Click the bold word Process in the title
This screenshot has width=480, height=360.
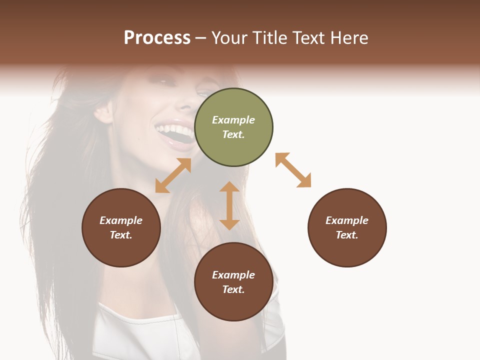tap(157, 38)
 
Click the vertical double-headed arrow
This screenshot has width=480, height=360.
tap(229, 205)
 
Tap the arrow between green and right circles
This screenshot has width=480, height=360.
tap(293, 170)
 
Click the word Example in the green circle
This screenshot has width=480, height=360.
tap(233, 120)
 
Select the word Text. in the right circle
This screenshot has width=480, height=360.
tap(347, 235)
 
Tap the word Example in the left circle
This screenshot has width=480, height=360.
tap(121, 220)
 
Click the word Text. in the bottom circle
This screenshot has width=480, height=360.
tap(233, 289)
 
